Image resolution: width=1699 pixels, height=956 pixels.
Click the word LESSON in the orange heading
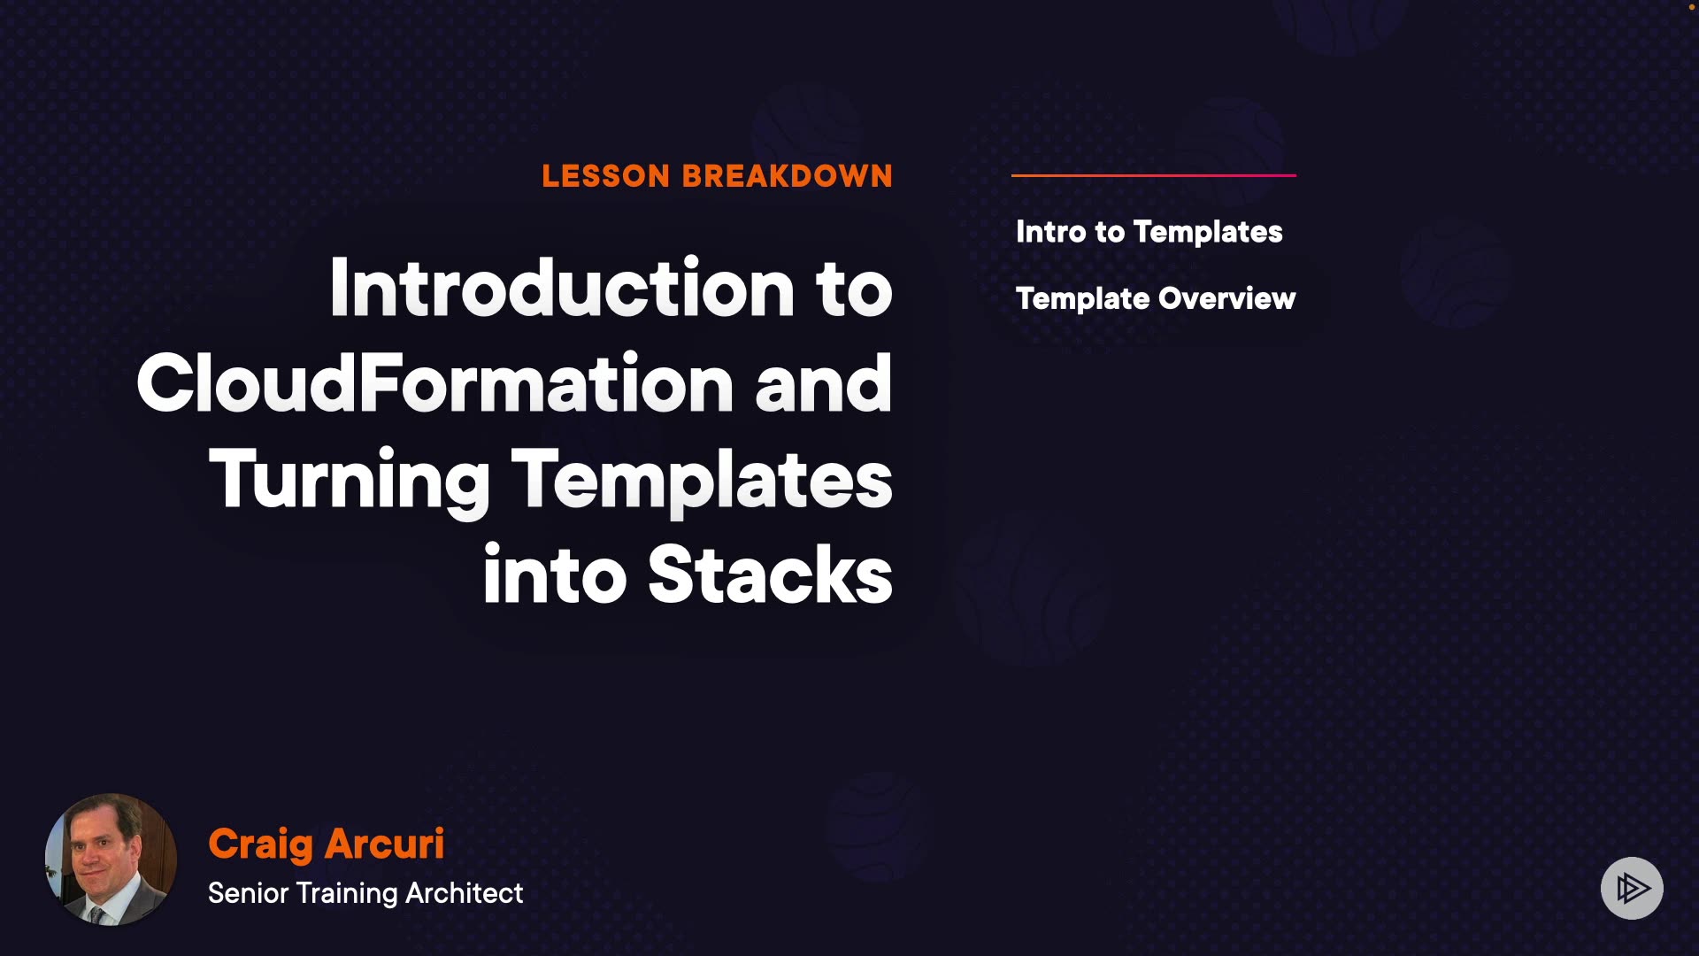[606, 176]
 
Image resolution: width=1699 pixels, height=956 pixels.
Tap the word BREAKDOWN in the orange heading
[788, 176]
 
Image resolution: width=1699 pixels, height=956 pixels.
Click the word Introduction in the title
[562, 288]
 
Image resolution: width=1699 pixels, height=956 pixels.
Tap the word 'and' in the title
[824, 383]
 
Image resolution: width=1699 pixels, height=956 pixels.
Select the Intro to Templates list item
[1149, 232]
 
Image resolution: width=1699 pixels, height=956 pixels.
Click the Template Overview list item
[1156, 299]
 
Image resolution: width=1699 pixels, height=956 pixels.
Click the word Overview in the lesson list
[1227, 299]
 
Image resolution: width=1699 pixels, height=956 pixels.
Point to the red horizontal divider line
[1154, 175]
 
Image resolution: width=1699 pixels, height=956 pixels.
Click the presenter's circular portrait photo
[111, 860]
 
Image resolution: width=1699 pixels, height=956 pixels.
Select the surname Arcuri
[384, 844]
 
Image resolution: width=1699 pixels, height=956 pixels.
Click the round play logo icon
[1632, 888]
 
